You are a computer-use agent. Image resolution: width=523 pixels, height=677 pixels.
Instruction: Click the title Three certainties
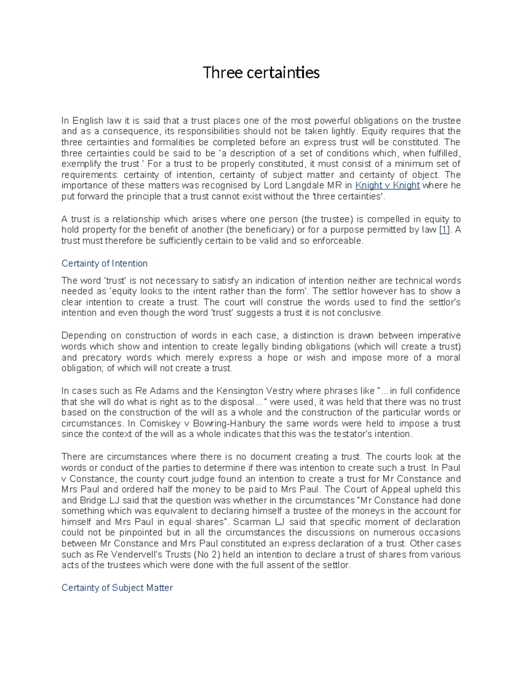tap(261, 72)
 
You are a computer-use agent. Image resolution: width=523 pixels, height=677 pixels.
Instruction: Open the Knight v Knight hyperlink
tap(387, 185)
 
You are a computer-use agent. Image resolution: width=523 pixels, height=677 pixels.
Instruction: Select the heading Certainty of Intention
tap(105, 263)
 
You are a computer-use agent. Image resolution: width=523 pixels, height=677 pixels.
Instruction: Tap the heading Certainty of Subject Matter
tap(117, 588)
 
